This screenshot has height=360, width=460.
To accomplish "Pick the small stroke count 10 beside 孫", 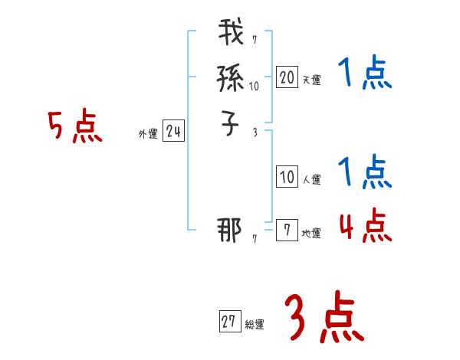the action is (x=254, y=87).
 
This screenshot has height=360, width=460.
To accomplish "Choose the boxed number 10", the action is (x=286, y=177).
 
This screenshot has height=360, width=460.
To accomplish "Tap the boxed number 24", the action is (x=173, y=132).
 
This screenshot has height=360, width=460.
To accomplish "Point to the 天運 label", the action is (x=310, y=79).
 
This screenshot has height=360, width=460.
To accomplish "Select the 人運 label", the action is (x=310, y=180).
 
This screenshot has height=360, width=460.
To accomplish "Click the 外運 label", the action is (x=147, y=134).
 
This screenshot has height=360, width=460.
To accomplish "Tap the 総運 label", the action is (x=255, y=325).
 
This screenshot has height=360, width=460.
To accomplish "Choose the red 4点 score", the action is (x=364, y=226).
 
